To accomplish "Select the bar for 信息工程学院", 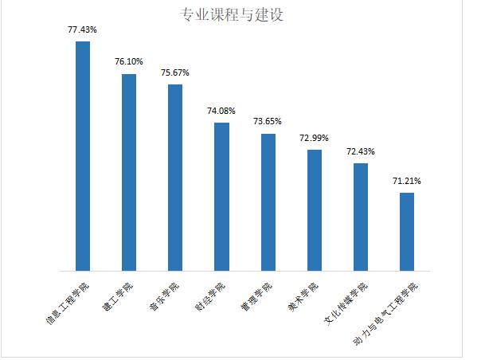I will coord(83,156).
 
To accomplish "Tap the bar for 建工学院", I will coord(129,172).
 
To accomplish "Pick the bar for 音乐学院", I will coord(175,177).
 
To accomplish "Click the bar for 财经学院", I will coord(221,196).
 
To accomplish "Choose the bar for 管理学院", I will coord(268,202).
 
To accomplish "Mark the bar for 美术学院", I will coord(315,209).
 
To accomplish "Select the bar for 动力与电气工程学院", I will coord(407,231).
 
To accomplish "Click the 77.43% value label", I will coord(83,29).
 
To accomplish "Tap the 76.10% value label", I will coord(129,62).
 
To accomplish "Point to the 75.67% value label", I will coord(175,72).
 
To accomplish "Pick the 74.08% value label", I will coord(221,111).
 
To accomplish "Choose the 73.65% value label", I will coord(268,122).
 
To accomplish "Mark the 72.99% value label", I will coord(315,138).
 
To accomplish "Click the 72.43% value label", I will coord(361,151).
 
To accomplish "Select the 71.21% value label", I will coord(407,181).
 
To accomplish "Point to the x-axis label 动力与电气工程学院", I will coord(386,312).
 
